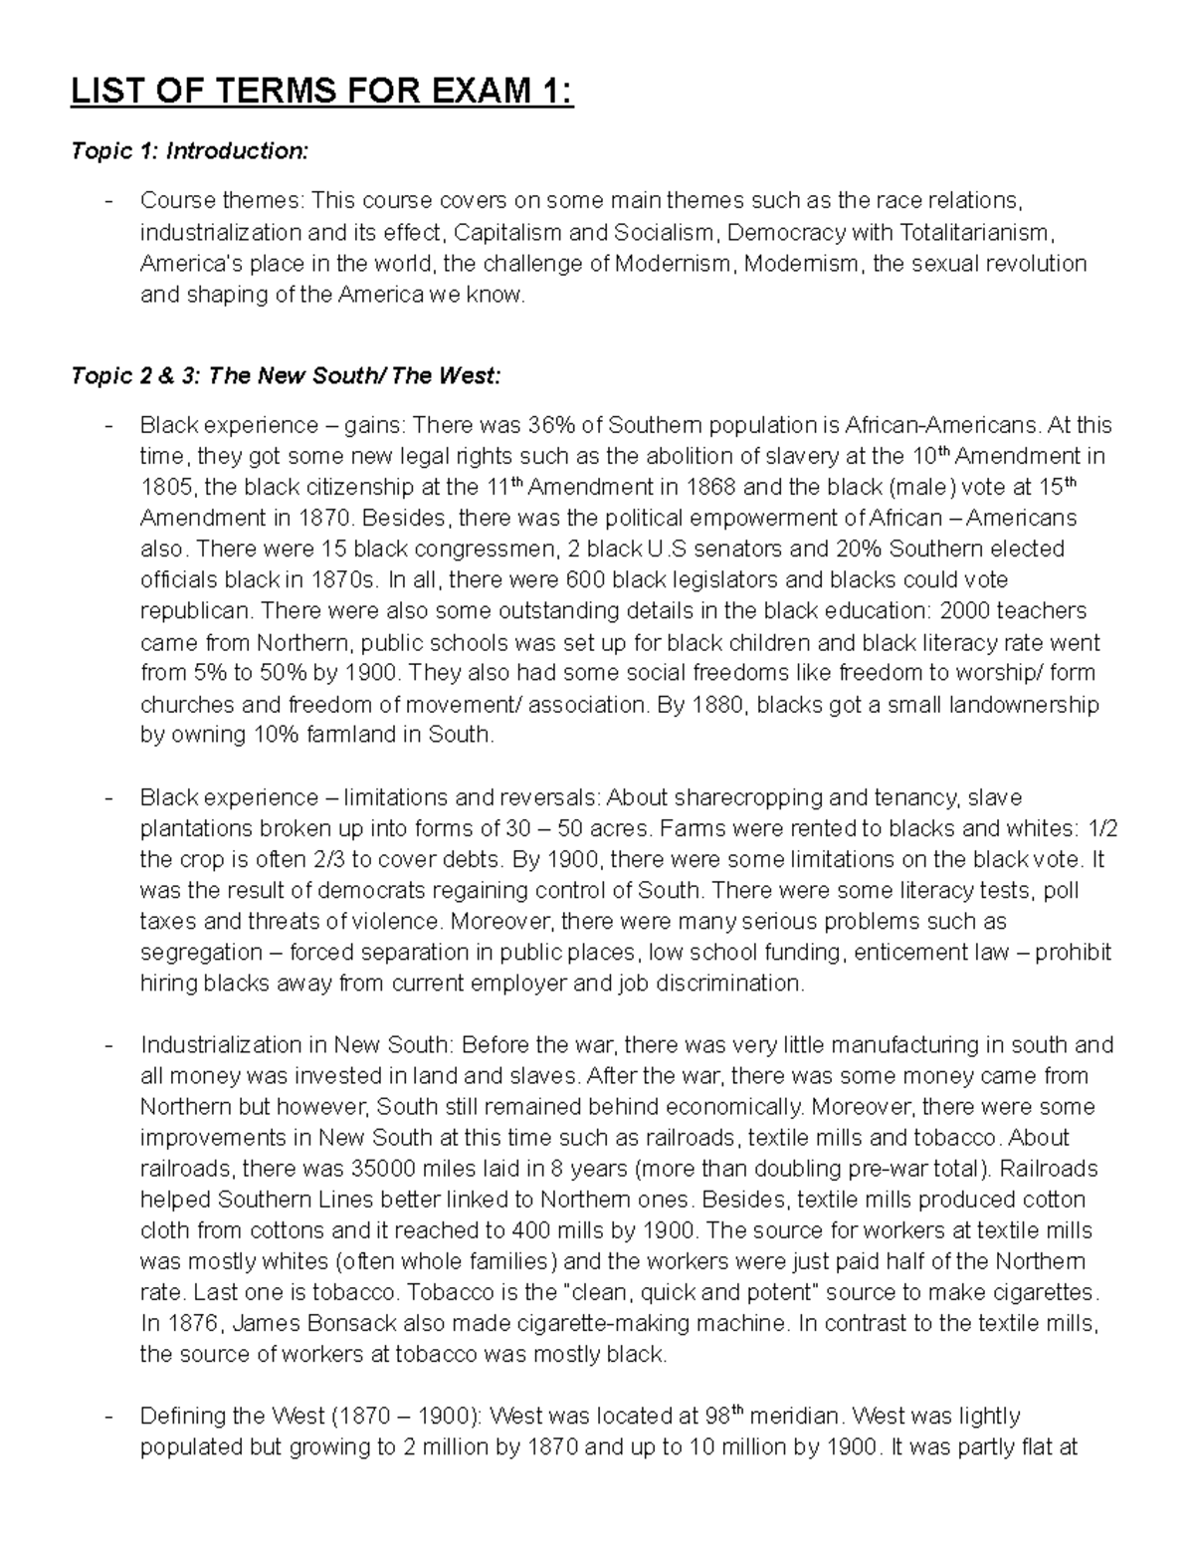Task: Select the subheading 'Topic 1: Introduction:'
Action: pyautogui.click(x=189, y=151)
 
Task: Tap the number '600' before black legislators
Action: pyautogui.click(x=585, y=579)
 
